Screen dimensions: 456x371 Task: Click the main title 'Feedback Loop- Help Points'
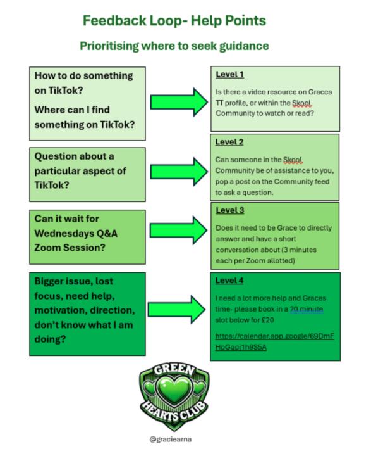pos(174,20)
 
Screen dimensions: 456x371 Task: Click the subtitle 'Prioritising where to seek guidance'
pos(174,46)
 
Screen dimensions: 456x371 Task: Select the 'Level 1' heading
pos(229,75)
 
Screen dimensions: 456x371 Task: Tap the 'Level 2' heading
pos(229,142)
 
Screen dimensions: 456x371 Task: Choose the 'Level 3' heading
pos(229,210)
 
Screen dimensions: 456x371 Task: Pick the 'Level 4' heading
pos(229,280)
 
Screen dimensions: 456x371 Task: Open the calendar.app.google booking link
pos(274,341)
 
